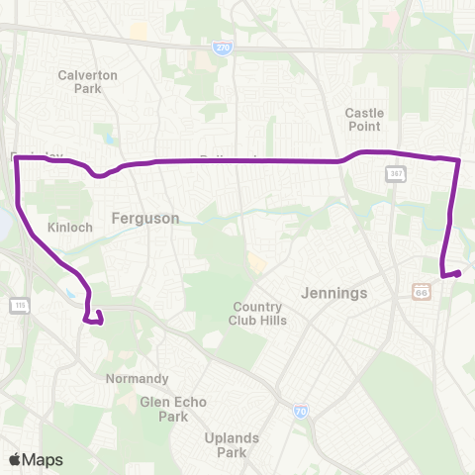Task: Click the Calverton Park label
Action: click(x=88, y=81)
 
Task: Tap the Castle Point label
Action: click(x=364, y=120)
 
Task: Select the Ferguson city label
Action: click(x=145, y=218)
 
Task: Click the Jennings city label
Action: click(x=333, y=293)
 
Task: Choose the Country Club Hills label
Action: click(x=256, y=313)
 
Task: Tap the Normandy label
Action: click(x=137, y=378)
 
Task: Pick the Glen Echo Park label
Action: click(x=164, y=409)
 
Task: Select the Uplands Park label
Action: click(x=232, y=445)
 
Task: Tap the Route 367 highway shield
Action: click(x=392, y=173)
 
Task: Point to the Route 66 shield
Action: click(x=421, y=292)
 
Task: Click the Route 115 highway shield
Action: click(x=17, y=303)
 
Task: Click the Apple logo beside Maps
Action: click(x=15, y=459)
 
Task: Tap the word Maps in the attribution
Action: click(x=43, y=459)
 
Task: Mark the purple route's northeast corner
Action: click(x=459, y=159)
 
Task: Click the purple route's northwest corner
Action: click(x=18, y=158)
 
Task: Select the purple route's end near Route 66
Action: click(x=461, y=272)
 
